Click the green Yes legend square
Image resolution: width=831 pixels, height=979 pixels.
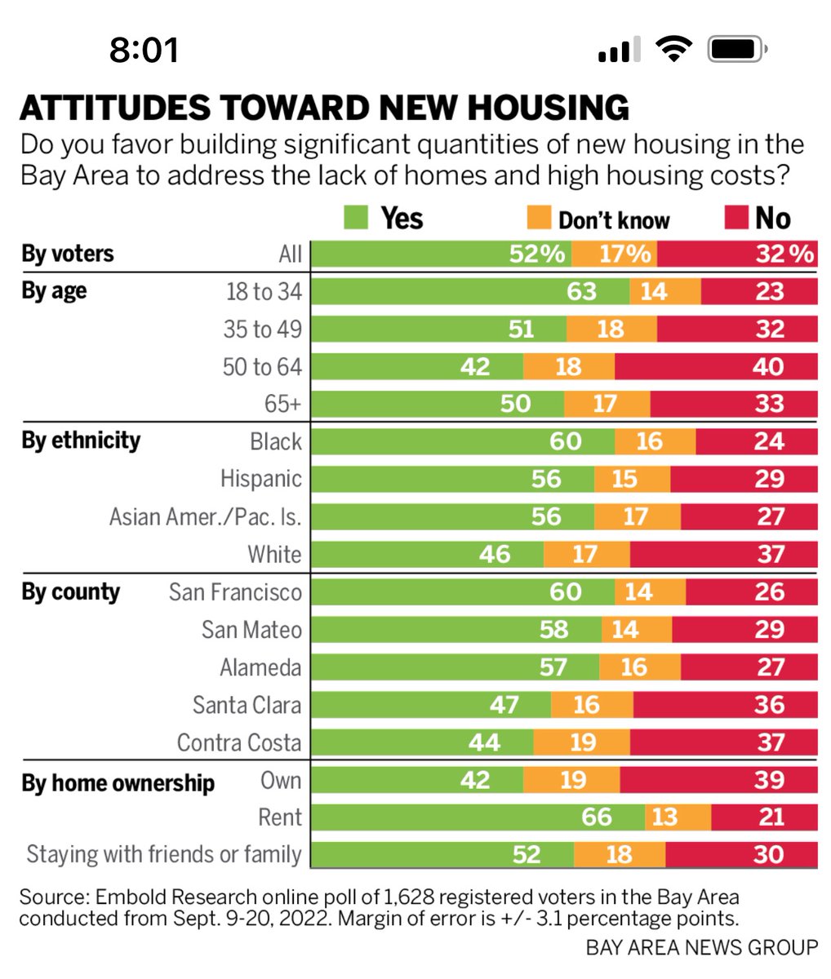[356, 218]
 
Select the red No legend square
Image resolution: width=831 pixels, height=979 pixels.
[736, 218]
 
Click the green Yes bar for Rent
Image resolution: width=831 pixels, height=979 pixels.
[478, 817]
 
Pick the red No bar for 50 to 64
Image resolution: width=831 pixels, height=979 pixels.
[716, 366]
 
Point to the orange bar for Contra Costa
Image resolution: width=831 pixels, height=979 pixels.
[581, 742]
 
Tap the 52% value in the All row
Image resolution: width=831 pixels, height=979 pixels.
[536, 254]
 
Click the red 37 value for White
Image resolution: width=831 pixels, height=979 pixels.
[770, 555]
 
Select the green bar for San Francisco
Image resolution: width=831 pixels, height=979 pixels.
[462, 591]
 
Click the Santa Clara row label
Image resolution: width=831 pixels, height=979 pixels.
[247, 705]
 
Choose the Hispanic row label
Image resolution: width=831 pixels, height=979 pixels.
[260, 479]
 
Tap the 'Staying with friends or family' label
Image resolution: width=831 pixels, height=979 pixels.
[164, 854]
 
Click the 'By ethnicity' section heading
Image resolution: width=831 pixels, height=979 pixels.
[81, 441]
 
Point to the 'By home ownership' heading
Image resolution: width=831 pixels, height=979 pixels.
[118, 783]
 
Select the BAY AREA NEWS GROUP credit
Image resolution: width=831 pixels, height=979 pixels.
[701, 947]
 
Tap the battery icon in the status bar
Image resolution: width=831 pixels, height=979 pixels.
[735, 51]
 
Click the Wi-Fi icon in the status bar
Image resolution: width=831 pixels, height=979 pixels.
[673, 51]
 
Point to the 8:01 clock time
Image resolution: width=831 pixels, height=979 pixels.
[144, 51]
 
